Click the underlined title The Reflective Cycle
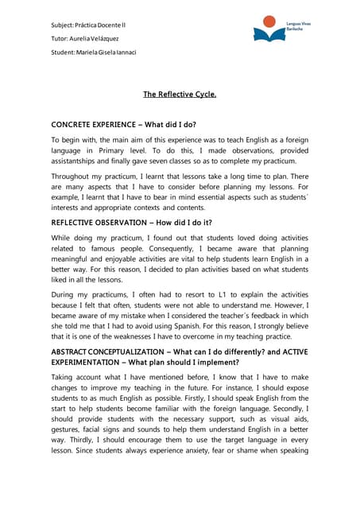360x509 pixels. click(180, 94)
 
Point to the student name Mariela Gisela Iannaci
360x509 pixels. click(94, 52)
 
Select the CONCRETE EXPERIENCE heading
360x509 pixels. click(123, 125)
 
